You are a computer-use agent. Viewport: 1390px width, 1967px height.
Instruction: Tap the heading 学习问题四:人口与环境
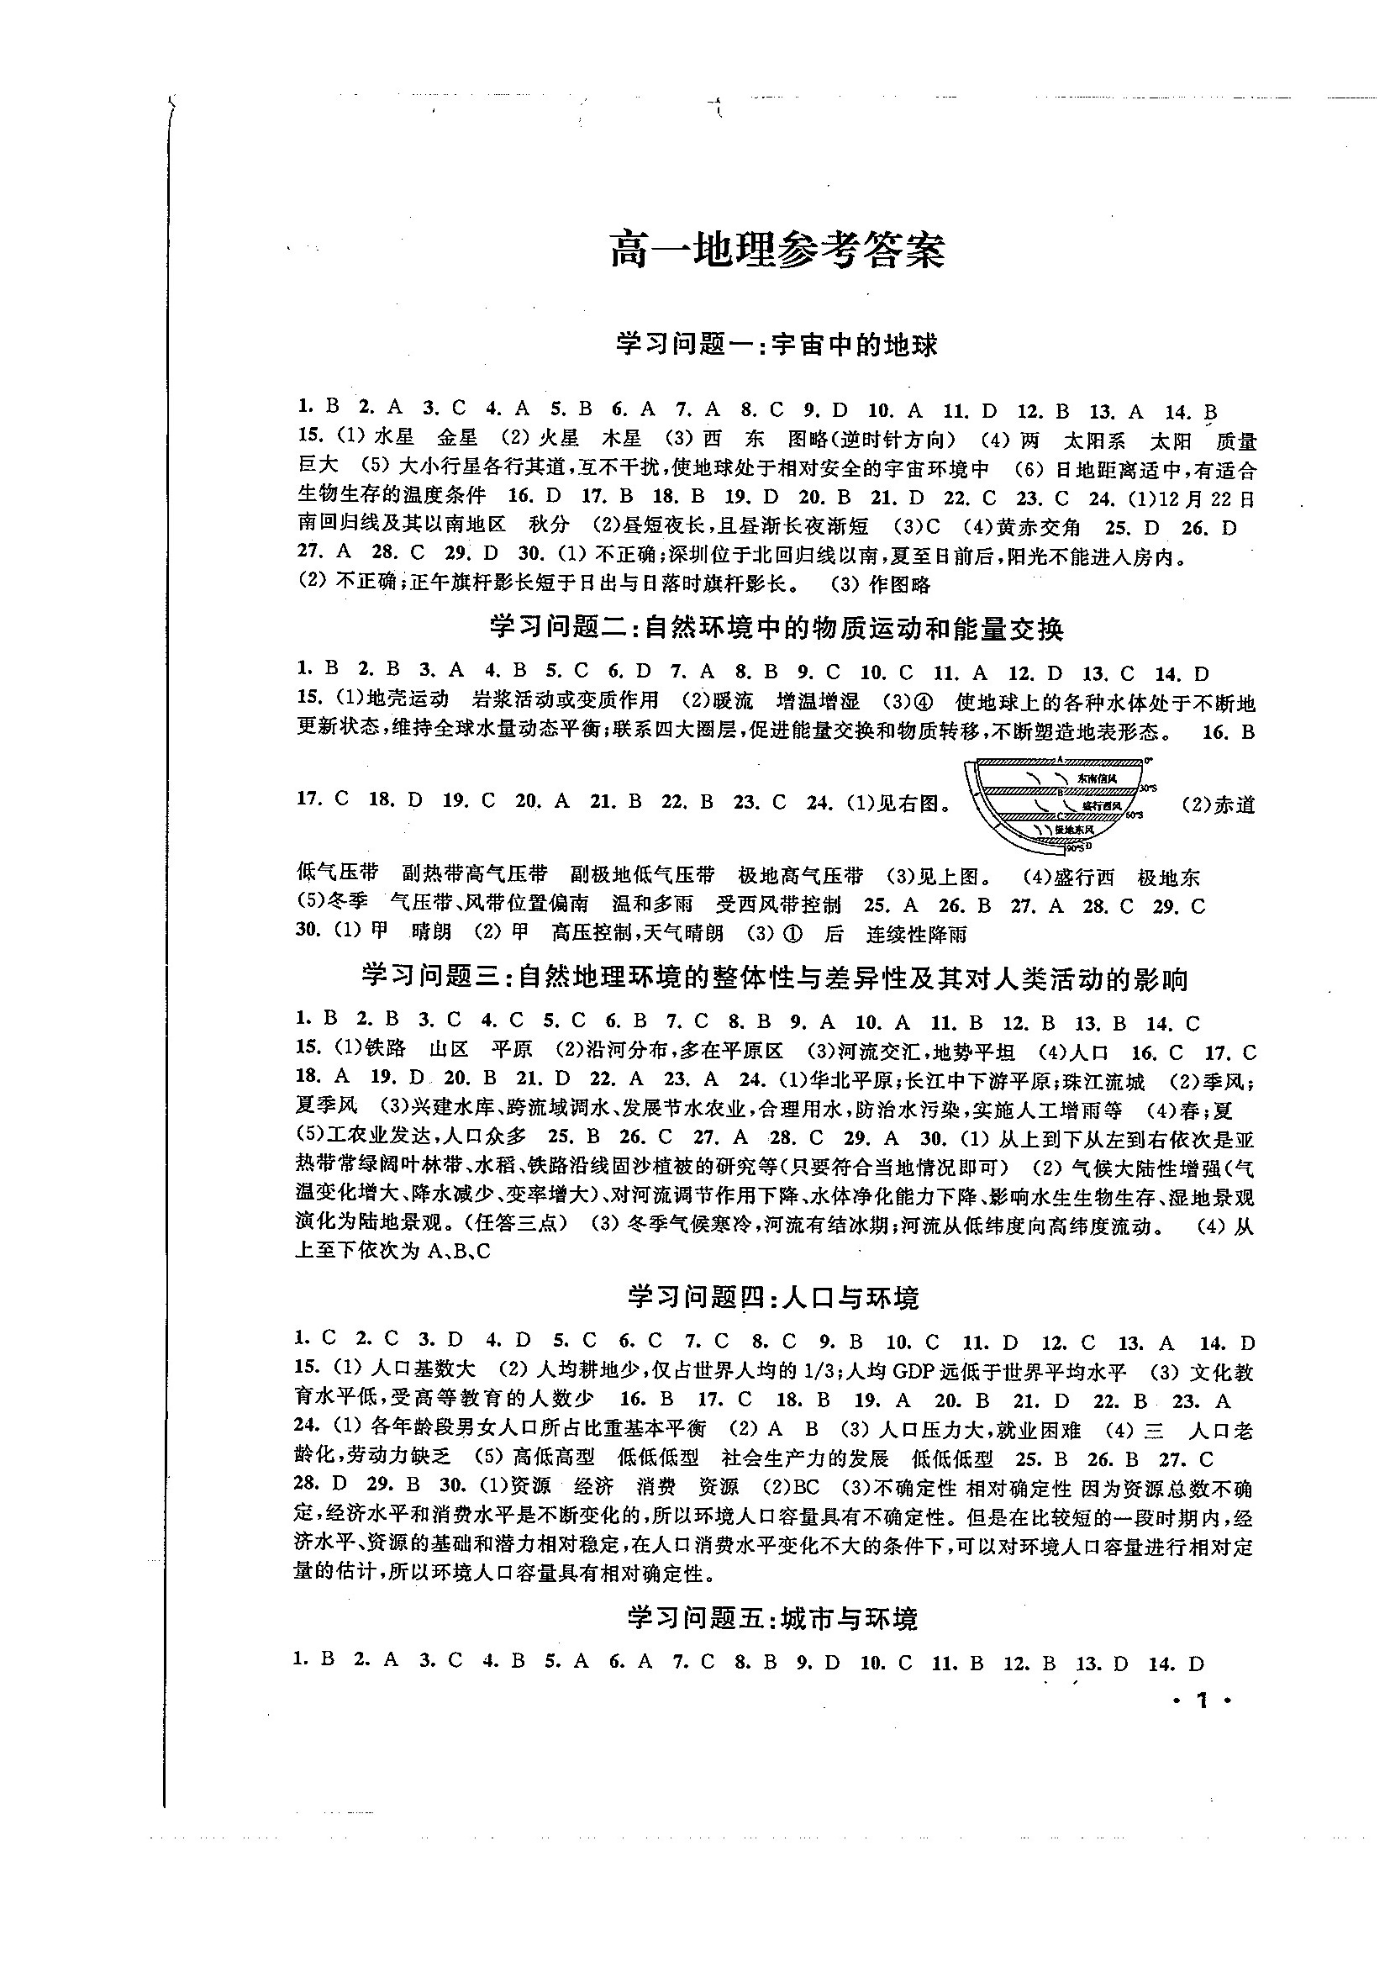click(x=772, y=1298)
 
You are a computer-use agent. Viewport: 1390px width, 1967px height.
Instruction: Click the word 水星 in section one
click(x=395, y=437)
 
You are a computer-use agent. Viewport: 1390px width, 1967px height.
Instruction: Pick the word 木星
click(x=622, y=437)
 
